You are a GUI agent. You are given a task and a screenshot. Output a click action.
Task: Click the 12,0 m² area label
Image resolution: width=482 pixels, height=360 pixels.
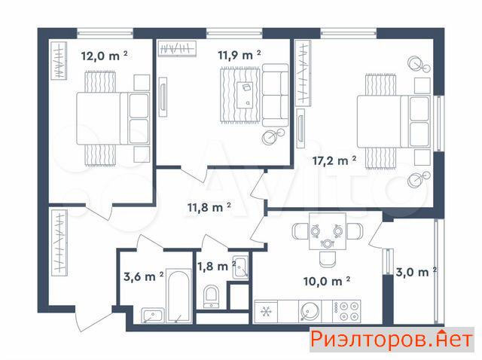coord(104,56)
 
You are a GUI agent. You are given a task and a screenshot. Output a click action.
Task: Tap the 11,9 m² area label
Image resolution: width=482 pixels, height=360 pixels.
coord(239,55)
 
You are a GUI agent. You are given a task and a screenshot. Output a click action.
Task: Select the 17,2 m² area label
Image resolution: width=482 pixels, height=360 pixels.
coord(334,160)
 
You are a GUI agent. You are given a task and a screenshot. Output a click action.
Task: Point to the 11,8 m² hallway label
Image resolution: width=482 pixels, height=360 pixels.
coord(209,207)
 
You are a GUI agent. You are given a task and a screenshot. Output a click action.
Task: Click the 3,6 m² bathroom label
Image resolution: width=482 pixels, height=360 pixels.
coord(144,276)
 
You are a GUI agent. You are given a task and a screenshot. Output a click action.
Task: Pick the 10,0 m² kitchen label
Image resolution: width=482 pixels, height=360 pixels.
coord(326,281)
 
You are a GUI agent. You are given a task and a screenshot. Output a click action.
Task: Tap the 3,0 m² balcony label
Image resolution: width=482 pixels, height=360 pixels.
coord(416,272)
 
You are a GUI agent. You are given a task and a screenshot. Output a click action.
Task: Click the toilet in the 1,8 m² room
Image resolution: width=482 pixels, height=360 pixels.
coord(212,297)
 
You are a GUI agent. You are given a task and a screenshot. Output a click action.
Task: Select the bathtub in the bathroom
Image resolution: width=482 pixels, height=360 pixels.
coord(179,297)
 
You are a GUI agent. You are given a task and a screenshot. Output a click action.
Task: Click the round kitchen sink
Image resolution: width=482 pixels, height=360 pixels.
coord(310,312)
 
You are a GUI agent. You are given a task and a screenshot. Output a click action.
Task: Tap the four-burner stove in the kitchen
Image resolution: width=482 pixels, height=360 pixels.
coord(346,312)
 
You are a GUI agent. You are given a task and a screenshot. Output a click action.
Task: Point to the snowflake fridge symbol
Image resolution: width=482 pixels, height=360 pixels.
coord(266,312)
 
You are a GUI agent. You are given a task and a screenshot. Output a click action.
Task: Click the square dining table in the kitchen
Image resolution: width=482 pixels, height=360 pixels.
coord(328,231)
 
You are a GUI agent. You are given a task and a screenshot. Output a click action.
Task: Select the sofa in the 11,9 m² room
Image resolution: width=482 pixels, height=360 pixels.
coord(276,95)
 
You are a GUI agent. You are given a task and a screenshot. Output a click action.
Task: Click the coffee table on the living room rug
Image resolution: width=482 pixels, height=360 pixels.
coord(245,95)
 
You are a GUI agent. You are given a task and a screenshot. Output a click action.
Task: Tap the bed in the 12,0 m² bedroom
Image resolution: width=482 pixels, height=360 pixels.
coord(113,118)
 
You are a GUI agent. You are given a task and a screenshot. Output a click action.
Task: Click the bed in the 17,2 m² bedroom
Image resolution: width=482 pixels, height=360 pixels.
coord(394,121)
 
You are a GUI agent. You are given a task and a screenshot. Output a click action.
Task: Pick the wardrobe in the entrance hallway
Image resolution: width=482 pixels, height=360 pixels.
coord(59,243)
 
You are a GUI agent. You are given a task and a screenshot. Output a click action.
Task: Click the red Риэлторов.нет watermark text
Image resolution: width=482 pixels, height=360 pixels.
coord(392,340)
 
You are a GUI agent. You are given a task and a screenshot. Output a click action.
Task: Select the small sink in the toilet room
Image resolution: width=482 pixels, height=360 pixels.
coord(240,267)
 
